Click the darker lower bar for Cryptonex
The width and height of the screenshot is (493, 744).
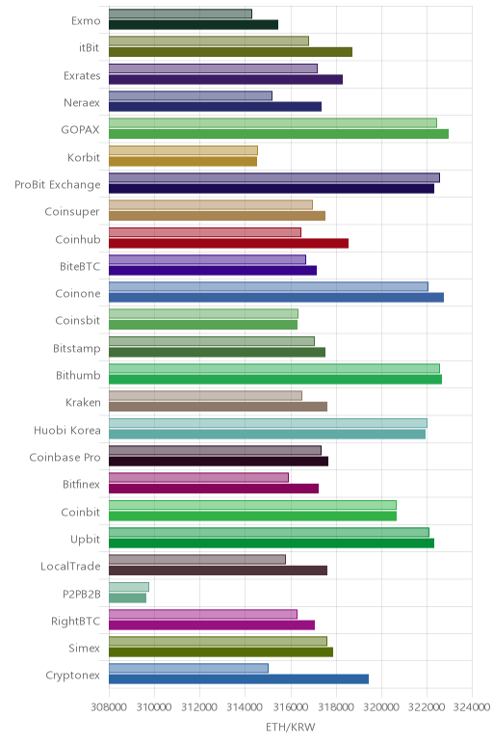pyautogui.click(x=239, y=679)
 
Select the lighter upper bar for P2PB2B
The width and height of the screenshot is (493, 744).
pyautogui.click(x=129, y=587)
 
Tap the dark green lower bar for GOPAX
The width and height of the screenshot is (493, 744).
pyautogui.click(x=278, y=134)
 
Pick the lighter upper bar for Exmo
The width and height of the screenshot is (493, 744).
pyautogui.click(x=180, y=13)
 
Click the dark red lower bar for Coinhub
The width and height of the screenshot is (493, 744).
pyautogui.click(x=228, y=243)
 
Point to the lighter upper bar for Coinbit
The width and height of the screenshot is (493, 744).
pyautogui.click(x=252, y=505)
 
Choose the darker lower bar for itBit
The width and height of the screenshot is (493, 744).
pyautogui.click(x=230, y=52)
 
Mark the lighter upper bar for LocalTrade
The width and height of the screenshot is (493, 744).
pyautogui.click(x=197, y=559)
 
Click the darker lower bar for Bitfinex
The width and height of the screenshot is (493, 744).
pyautogui.click(x=214, y=489)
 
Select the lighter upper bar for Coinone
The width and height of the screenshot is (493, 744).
pyautogui.click(x=269, y=286)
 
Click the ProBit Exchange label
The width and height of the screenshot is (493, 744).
pyautogui.click(x=58, y=185)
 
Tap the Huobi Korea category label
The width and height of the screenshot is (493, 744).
pyautogui.click(x=67, y=430)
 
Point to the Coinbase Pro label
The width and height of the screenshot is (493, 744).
pyautogui.click(x=65, y=457)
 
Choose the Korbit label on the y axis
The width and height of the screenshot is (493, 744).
pyautogui.click(x=84, y=157)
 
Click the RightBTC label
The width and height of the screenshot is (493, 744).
pyautogui.click(x=76, y=621)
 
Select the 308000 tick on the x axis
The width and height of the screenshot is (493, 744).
pyautogui.click(x=109, y=707)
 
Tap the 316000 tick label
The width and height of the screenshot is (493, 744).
pyautogui.click(x=291, y=707)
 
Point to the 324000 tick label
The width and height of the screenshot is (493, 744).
pyautogui.click(x=472, y=707)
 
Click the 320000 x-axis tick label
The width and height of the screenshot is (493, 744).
pyautogui.click(x=381, y=707)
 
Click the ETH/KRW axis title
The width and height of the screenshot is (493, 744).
pyautogui.click(x=290, y=727)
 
